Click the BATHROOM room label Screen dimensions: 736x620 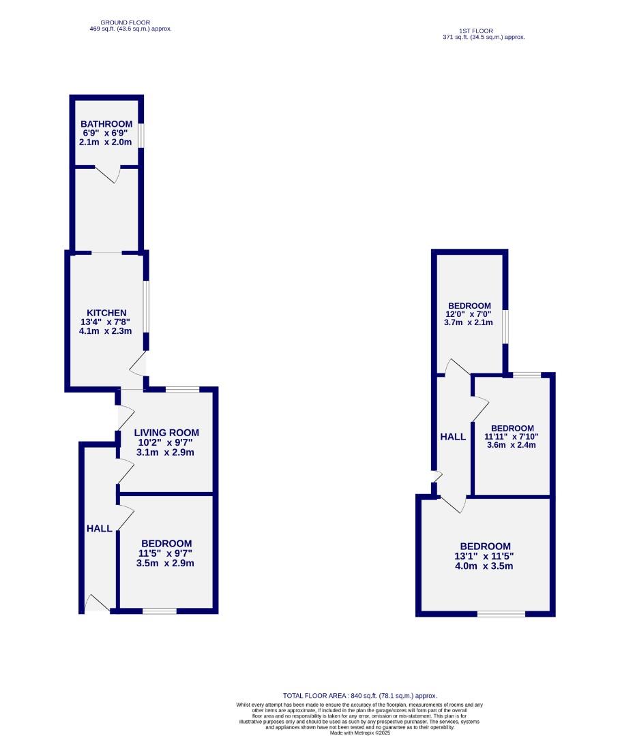point(106,124)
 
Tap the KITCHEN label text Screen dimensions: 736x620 point(106,313)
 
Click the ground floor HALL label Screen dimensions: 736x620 point(99,529)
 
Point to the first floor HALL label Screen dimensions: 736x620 point(453,437)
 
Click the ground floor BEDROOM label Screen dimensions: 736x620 point(166,543)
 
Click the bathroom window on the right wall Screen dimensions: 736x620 point(142,134)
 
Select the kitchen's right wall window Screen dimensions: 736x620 point(146,306)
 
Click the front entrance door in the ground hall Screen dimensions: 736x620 point(98,604)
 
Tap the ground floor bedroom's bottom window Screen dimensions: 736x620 point(160,611)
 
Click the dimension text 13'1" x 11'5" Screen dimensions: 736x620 point(486,556)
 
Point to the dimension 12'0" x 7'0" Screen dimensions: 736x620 point(469,314)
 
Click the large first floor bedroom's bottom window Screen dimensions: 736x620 point(501,614)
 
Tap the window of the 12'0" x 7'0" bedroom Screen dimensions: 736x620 point(505,327)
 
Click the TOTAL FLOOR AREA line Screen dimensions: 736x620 point(359,696)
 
